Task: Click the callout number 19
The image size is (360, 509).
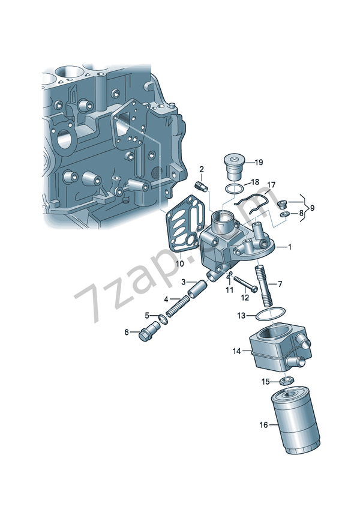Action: pos(259,162)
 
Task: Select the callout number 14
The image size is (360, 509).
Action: pos(237,351)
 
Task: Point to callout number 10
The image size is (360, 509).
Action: pos(179,263)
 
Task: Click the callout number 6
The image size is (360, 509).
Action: pos(127,332)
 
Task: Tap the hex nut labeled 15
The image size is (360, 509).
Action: pos(286,381)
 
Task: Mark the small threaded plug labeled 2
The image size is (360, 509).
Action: pos(203,187)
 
